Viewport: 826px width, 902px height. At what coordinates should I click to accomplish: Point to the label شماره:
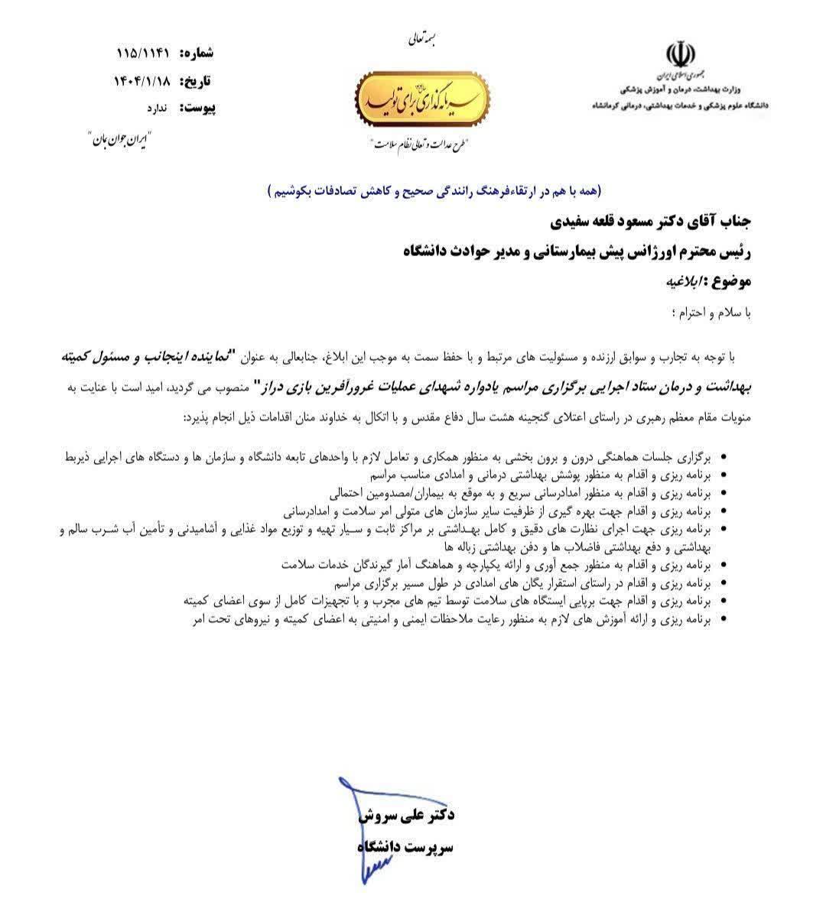point(197,54)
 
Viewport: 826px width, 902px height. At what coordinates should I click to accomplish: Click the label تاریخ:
point(197,81)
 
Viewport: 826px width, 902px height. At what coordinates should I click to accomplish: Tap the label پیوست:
point(197,108)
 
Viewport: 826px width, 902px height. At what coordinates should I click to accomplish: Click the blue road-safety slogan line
point(434,190)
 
